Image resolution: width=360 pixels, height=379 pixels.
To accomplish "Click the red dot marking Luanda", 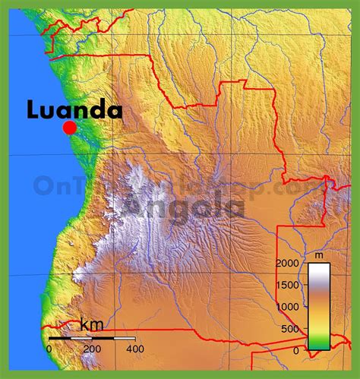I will [69, 128].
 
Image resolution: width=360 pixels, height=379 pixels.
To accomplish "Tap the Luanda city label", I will [74, 110].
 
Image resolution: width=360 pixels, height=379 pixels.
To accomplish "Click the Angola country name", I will [186, 204].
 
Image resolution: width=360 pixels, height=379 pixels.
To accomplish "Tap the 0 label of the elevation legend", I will [296, 350].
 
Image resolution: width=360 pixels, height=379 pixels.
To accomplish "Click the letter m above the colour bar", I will [319, 255].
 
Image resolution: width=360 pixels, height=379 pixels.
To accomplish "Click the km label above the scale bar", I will [92, 327].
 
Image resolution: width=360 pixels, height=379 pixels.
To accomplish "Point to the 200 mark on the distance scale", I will [92, 349].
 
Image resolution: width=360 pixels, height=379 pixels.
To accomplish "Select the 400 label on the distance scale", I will [135, 349].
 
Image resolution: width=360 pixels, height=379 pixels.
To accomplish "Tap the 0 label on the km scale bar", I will [49, 349].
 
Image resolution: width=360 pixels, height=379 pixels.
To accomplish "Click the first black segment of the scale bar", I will [60, 338].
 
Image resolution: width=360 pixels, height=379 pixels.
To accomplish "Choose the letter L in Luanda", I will [33, 110].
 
